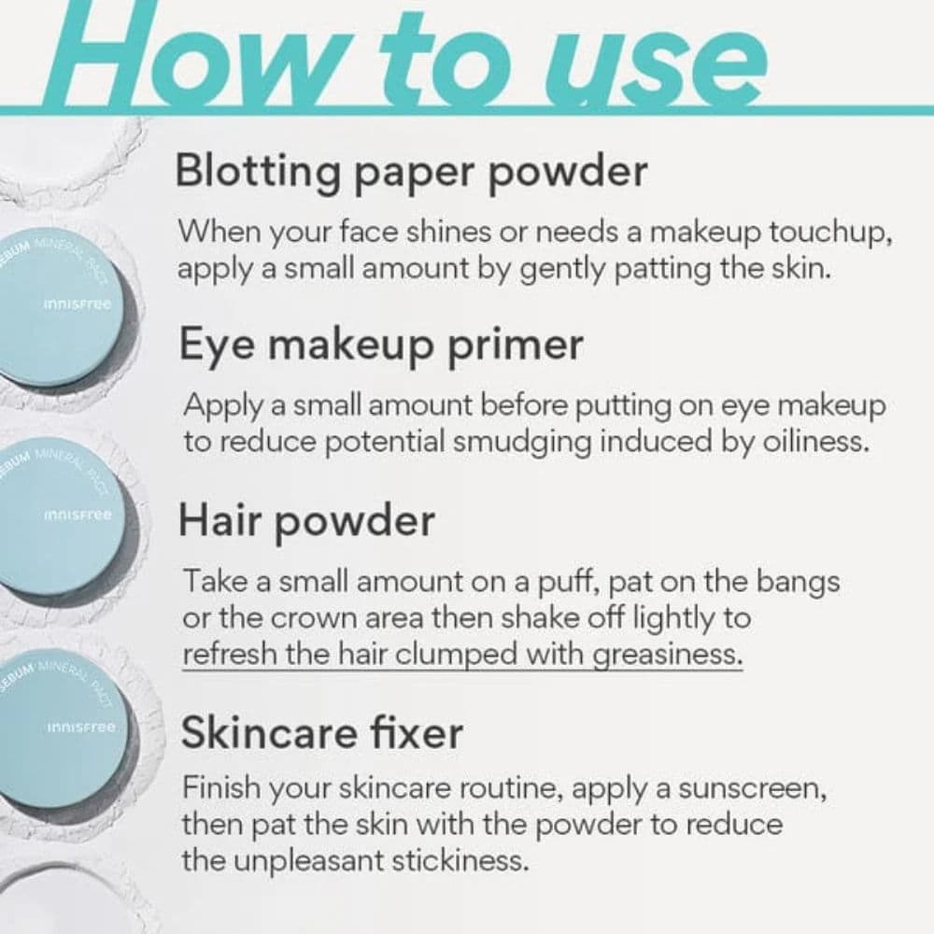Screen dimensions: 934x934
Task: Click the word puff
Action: [x=568, y=582]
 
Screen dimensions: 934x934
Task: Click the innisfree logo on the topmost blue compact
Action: [x=78, y=304]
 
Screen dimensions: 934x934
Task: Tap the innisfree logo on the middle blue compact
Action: [x=78, y=515]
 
